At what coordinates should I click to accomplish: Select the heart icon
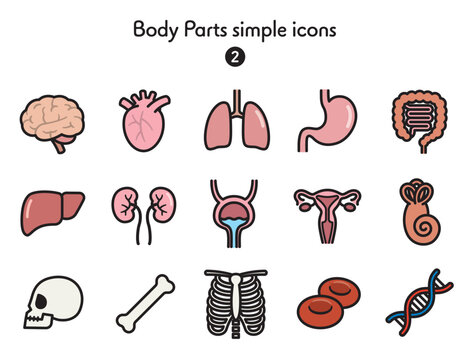tap(143, 123)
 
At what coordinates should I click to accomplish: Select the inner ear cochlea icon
tap(420, 213)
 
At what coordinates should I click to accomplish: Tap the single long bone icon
tap(145, 304)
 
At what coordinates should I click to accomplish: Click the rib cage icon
tap(236, 303)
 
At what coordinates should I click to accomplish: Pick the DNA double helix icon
tap(419, 302)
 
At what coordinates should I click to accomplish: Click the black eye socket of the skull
tap(41, 302)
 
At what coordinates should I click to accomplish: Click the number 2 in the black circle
tap(235, 57)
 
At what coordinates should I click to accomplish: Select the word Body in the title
tap(156, 30)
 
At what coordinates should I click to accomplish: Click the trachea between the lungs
tap(237, 103)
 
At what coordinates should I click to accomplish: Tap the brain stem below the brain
tap(59, 146)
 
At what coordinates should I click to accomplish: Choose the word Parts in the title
tap(205, 29)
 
